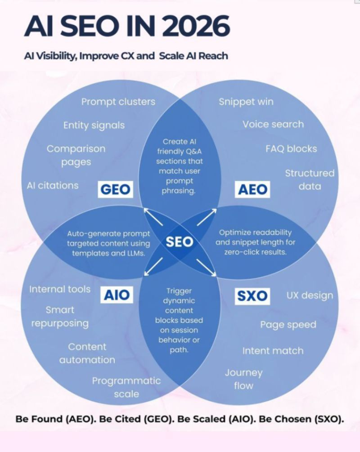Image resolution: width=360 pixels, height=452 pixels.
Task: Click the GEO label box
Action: tap(116, 189)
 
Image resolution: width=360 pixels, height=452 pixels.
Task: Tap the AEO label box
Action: tap(252, 189)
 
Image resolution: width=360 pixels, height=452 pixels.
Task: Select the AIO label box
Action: tap(117, 295)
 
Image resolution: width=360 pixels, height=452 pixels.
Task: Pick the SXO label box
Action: tap(252, 295)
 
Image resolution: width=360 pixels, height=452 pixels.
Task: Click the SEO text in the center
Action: tap(179, 242)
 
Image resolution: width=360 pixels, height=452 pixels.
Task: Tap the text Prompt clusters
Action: tap(118, 102)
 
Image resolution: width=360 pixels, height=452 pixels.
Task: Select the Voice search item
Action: tap(273, 124)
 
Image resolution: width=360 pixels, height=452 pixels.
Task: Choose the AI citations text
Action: tap(52, 185)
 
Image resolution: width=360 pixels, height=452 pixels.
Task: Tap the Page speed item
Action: tap(288, 325)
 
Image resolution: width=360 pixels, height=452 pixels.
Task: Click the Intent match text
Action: tap(273, 350)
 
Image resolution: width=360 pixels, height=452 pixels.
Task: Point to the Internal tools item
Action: tap(60, 289)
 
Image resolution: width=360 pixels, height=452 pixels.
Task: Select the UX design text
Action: tap(310, 295)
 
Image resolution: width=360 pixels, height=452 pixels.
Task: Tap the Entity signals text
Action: tap(94, 125)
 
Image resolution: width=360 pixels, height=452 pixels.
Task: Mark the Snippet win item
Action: tap(246, 102)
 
